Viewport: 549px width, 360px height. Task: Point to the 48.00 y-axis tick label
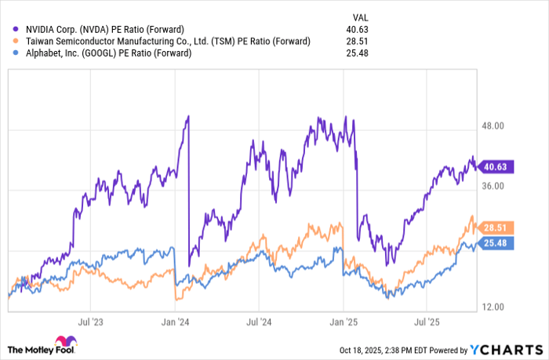pyautogui.click(x=497, y=125)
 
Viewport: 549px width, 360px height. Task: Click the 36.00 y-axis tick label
pyautogui.click(x=497, y=186)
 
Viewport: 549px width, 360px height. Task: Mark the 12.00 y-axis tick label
pyautogui.click(x=497, y=307)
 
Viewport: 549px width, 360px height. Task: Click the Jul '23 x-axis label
pyautogui.click(x=91, y=322)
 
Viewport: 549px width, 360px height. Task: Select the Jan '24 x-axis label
pyautogui.click(x=175, y=322)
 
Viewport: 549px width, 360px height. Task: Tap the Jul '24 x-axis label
pyautogui.click(x=259, y=322)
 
